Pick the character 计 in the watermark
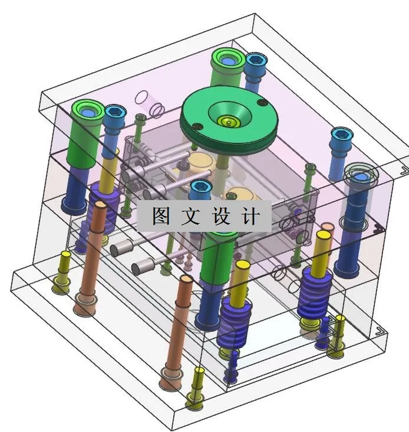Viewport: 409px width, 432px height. point(250,217)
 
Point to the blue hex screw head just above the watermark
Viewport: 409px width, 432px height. point(201,188)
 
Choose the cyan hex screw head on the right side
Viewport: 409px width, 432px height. point(340,135)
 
